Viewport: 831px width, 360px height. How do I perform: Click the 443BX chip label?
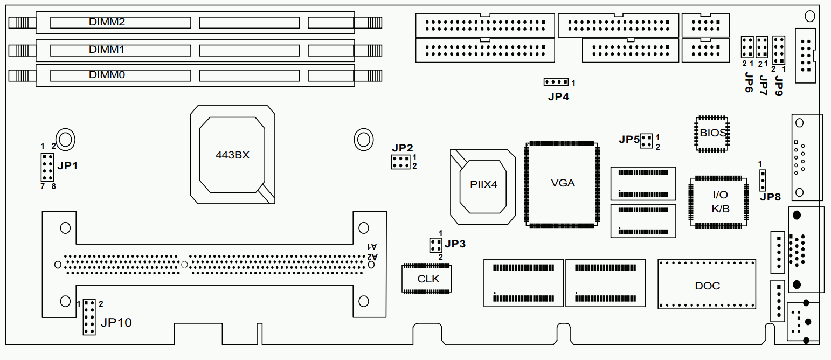coord(232,155)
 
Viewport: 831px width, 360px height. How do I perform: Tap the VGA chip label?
coord(563,183)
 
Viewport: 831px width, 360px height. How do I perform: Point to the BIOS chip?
coord(712,133)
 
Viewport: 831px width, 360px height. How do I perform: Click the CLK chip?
coord(428,279)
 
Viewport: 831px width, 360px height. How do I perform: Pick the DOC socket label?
coord(707,286)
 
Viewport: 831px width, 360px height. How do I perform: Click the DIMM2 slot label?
coord(107,22)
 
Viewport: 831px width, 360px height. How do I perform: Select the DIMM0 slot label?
coord(107,75)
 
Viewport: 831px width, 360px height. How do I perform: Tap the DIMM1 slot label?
coord(107,49)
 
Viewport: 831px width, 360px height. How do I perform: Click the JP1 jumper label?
coord(68,166)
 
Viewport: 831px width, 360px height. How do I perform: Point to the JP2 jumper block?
coord(400,162)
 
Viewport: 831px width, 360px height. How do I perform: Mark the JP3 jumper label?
coord(455,244)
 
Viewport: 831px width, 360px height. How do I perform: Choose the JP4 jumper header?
coord(556,82)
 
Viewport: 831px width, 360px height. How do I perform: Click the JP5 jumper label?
coord(629,140)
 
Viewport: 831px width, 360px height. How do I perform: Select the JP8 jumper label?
coord(770,197)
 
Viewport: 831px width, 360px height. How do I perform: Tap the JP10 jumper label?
coord(116,323)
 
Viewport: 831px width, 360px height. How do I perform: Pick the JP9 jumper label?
coord(779,85)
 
